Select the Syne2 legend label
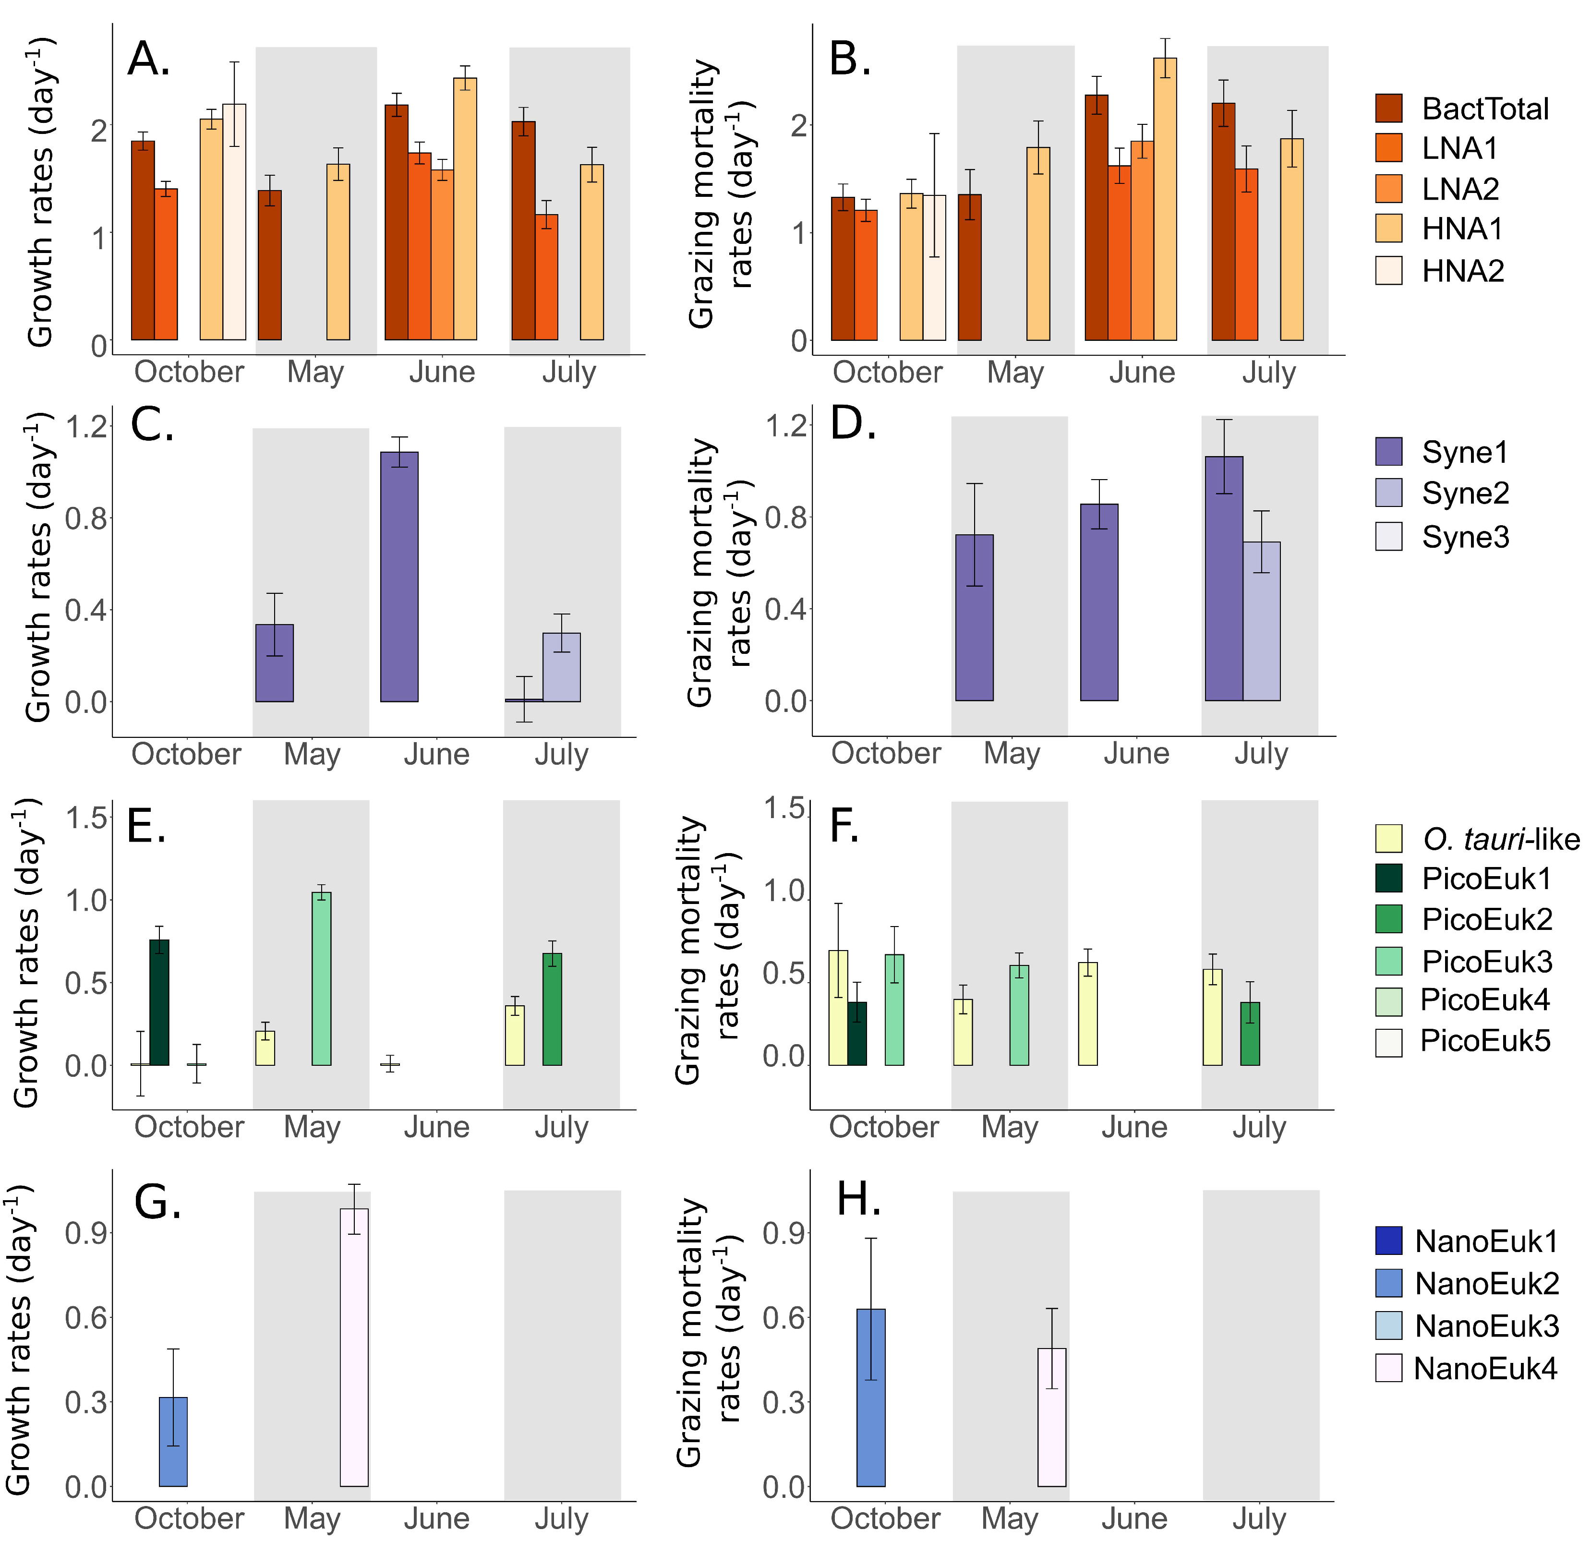click(1465, 493)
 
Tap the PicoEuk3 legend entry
click(1464, 961)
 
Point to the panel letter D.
click(853, 423)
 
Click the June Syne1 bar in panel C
click(399, 576)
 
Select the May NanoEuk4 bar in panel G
click(354, 1347)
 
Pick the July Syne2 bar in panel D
click(1262, 621)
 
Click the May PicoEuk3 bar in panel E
click(322, 979)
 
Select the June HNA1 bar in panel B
click(1165, 199)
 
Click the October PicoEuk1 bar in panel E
click(159, 1002)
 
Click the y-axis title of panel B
click(720, 193)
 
